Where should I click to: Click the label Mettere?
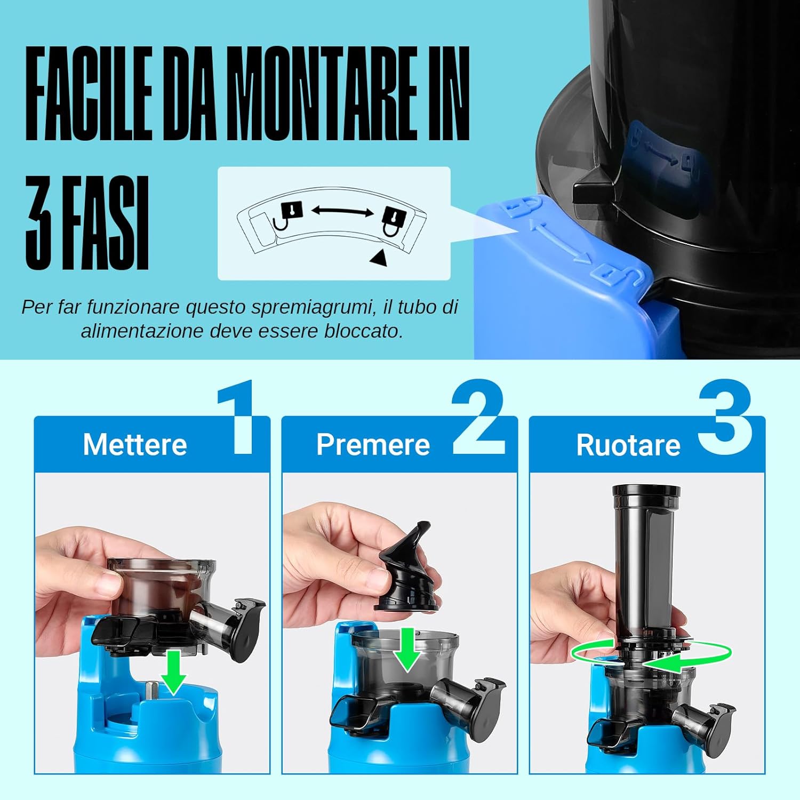[135, 444]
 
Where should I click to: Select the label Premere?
[373, 444]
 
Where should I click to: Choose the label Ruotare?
[628, 445]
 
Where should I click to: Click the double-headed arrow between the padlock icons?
[342, 211]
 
